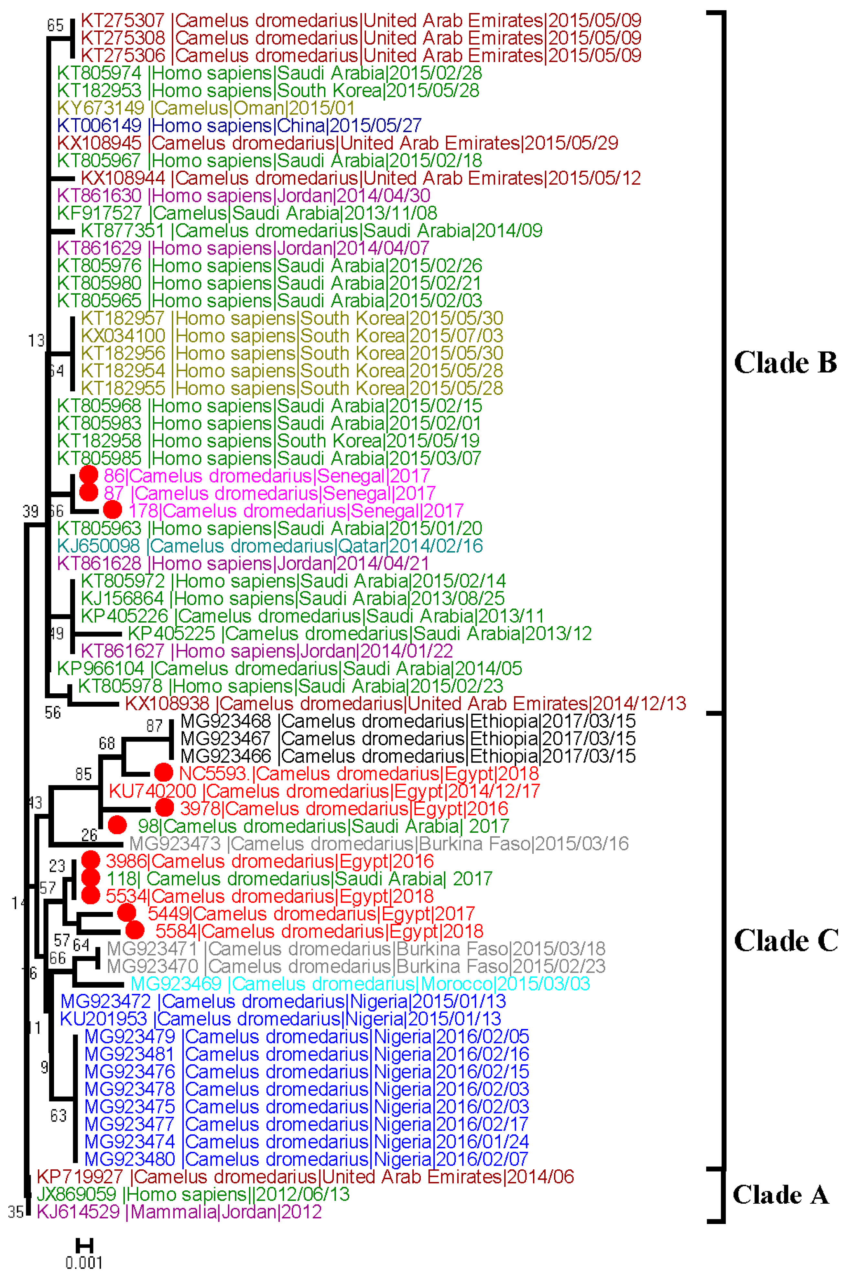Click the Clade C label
786,940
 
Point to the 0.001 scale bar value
84,1262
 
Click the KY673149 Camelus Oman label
205,108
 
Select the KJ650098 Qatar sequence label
269,546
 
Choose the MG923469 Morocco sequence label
360,983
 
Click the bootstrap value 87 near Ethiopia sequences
155,725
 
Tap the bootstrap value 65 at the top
55,25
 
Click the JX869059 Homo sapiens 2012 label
193,1194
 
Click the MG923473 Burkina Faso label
378,843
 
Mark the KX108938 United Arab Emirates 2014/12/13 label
405,703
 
